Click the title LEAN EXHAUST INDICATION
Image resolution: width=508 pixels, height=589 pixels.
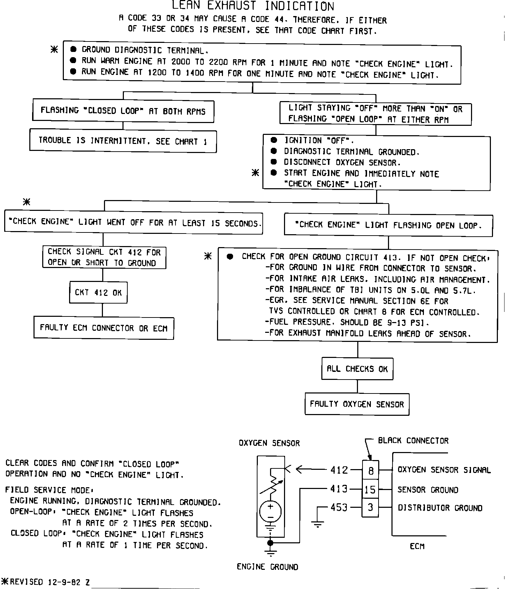(253, 6)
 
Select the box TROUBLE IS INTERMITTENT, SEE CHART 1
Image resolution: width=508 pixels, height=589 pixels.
(123, 141)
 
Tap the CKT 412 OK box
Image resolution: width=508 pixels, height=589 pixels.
(98, 292)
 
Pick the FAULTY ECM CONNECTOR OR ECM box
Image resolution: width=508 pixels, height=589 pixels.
(104, 328)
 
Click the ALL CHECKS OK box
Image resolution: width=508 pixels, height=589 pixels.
(357, 369)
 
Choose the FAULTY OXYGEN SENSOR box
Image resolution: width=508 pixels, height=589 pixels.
(357, 404)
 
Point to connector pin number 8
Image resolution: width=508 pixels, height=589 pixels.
(371, 471)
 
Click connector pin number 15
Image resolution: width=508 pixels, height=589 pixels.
(370, 490)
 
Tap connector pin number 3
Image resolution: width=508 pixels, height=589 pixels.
(371, 507)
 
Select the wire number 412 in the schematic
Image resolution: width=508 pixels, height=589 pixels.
(339, 470)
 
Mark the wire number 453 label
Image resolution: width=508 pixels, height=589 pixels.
(339, 507)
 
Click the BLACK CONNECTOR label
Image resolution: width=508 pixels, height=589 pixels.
(413, 441)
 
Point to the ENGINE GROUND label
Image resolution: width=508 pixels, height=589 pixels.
(267, 567)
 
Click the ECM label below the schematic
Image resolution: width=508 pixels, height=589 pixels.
(417, 546)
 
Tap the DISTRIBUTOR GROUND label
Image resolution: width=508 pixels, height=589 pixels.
(440, 508)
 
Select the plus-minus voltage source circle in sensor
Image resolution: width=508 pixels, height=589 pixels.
(270, 511)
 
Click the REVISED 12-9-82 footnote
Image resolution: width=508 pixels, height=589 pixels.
(46, 582)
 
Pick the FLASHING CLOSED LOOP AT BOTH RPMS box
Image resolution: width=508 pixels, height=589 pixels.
(123, 111)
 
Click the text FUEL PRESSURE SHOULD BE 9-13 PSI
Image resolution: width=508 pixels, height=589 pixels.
(347, 322)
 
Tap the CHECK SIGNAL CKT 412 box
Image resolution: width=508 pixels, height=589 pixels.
(104, 257)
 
